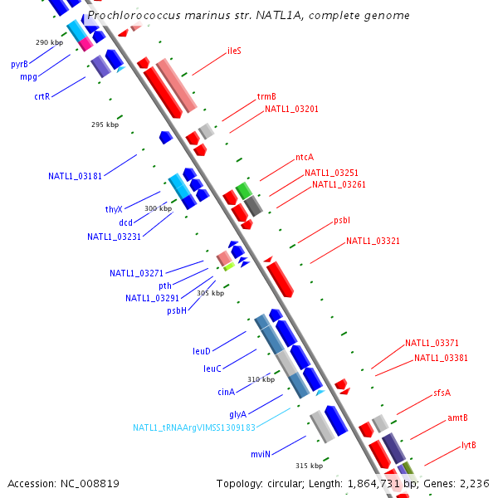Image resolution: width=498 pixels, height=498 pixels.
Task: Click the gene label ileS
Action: coord(234,51)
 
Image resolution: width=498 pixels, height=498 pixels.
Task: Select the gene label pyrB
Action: coord(19,64)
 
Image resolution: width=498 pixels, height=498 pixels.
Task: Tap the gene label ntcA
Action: coord(305,157)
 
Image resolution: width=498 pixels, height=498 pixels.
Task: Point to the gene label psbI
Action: coord(342,221)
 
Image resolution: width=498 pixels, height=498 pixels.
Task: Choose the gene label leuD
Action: coord(202,351)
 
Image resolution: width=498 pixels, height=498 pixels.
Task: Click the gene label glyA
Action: coord(237,413)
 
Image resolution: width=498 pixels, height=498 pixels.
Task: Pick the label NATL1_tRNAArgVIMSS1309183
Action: coord(194,427)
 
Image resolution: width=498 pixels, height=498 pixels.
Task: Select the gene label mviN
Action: coord(261,455)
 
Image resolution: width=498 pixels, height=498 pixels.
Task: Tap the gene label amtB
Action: coord(457,417)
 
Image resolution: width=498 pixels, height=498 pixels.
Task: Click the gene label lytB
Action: coord(469,445)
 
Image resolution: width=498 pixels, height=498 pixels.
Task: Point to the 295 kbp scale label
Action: coord(105,125)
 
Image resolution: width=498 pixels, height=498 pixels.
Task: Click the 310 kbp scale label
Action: coord(261,379)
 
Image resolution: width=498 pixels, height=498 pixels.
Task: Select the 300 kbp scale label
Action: coord(158,208)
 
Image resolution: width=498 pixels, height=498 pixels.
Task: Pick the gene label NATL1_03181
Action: coord(76,176)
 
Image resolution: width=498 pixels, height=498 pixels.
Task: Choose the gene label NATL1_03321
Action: coord(373,242)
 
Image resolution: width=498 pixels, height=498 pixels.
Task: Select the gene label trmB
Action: coord(266,96)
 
